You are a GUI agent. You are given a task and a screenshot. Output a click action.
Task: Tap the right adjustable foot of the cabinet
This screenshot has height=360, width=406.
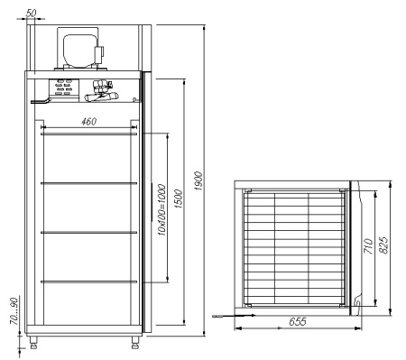click(136, 342)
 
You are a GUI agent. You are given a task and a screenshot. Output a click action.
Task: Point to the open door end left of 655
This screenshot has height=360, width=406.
click(217, 316)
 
